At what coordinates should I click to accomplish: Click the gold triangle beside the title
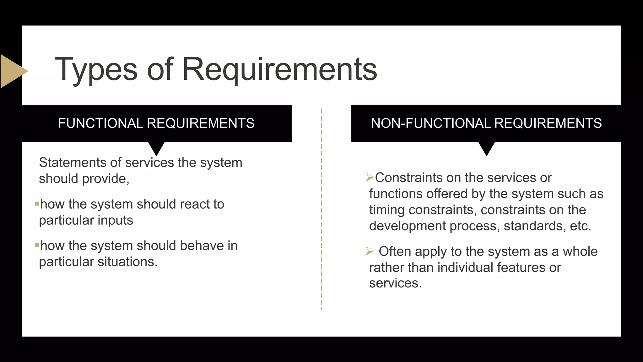(x=13, y=71)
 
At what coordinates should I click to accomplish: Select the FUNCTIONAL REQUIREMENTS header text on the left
(x=156, y=123)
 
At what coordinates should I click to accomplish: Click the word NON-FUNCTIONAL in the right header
(x=430, y=123)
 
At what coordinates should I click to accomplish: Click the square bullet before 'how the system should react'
(x=37, y=204)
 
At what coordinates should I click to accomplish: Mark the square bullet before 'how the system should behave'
(x=37, y=245)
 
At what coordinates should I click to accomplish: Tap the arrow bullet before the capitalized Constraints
(x=370, y=178)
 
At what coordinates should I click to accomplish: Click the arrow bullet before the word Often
(x=370, y=251)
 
